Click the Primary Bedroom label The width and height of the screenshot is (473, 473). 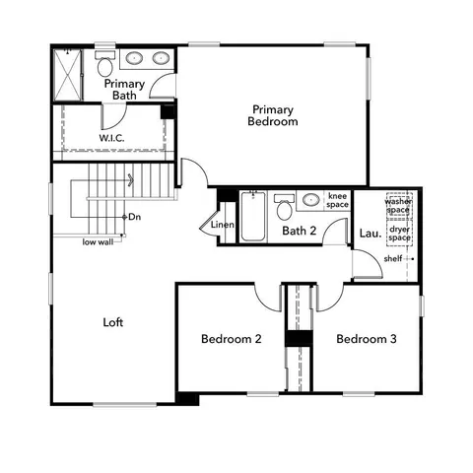coord(273,115)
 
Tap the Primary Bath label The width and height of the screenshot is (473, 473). coord(124,90)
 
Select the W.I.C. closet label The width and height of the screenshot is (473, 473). coord(111,139)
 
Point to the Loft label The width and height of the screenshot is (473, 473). coord(113,322)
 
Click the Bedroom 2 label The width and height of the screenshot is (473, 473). coord(231,339)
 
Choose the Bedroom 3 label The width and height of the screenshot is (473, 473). coord(366,339)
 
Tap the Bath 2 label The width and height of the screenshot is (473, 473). coord(299,232)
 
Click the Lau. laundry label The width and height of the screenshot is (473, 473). coord(370,234)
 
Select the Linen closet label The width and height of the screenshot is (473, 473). coord(223,226)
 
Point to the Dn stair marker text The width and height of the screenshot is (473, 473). coord(135,216)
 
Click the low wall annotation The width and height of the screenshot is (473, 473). coord(97,241)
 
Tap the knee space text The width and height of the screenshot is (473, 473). coord(338,200)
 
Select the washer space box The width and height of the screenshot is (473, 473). coord(398,206)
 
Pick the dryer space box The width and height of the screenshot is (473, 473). coord(398,234)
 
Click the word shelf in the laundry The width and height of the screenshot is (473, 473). coord(393,258)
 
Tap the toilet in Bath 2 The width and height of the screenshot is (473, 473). coord(284,208)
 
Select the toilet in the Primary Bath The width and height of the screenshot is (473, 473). coord(104,64)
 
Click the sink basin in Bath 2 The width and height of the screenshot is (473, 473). coord(310,200)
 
